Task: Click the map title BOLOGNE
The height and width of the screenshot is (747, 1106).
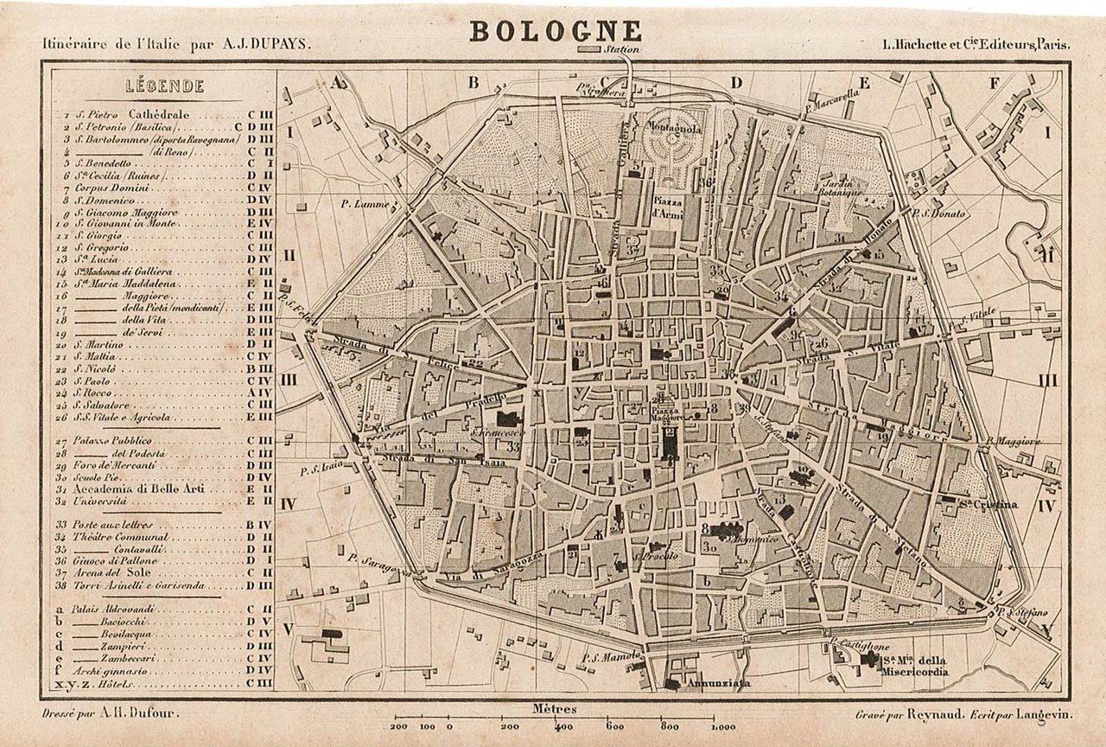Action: [x=556, y=31]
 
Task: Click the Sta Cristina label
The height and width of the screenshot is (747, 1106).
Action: [x=988, y=504]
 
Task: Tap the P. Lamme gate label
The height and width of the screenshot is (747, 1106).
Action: [x=361, y=204]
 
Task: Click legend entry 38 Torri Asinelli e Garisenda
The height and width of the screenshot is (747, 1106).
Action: [x=138, y=585]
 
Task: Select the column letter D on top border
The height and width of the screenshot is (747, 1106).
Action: [x=736, y=83]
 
